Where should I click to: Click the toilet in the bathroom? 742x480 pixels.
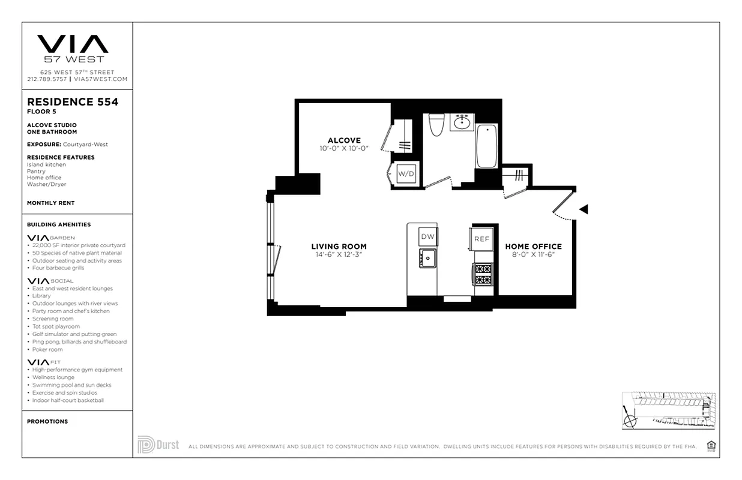point(436,124)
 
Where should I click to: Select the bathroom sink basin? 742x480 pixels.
point(462,123)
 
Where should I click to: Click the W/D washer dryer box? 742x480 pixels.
point(406,174)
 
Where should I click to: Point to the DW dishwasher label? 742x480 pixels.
point(427,237)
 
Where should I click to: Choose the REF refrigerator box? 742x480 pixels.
point(482,239)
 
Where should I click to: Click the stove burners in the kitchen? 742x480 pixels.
point(483,275)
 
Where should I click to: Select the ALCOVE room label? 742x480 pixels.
point(344,140)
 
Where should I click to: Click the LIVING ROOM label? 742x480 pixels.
point(339,246)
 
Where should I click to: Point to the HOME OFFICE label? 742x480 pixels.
point(533,246)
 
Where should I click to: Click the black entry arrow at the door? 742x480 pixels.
point(583,209)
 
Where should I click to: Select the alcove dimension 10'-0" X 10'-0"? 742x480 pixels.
point(344,148)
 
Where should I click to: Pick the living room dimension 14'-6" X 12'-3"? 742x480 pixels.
point(339,254)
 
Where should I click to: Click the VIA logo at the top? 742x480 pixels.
point(73,44)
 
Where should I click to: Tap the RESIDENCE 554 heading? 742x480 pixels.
point(73,102)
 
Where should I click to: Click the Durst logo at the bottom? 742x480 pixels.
point(158,445)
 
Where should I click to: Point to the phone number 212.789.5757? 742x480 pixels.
point(47,79)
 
